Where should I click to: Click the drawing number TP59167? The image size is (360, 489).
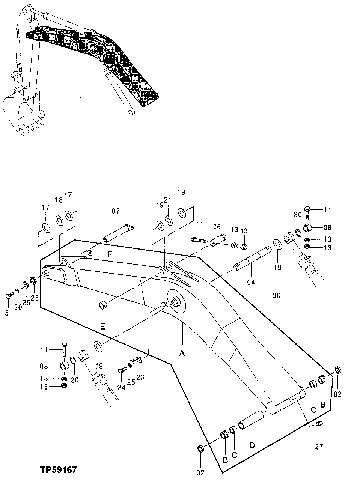coord(59,469)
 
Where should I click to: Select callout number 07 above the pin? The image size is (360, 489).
coord(115,212)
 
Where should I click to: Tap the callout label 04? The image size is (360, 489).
coord(251,282)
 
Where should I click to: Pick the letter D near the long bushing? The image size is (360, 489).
coord(252,445)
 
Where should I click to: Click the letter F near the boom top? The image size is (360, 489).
coord(109,254)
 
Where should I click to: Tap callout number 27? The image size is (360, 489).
coord(319,447)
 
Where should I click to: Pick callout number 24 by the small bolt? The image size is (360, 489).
coord(121,387)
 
